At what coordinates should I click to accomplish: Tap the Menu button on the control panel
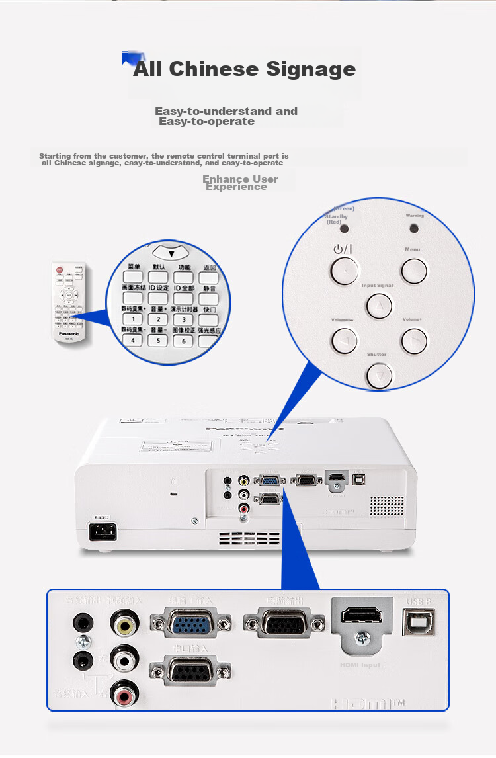pyautogui.click(x=413, y=270)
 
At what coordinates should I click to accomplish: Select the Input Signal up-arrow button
pyautogui.click(x=378, y=305)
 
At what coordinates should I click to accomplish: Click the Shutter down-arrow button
pyautogui.click(x=379, y=375)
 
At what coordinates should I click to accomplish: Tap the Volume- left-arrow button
pyautogui.click(x=345, y=341)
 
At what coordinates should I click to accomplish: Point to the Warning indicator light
pyautogui.click(x=415, y=228)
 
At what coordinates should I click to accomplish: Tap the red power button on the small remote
pyautogui.click(x=60, y=270)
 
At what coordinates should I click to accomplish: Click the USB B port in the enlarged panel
pyautogui.click(x=418, y=622)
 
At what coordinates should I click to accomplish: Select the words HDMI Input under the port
pyautogui.click(x=361, y=665)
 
